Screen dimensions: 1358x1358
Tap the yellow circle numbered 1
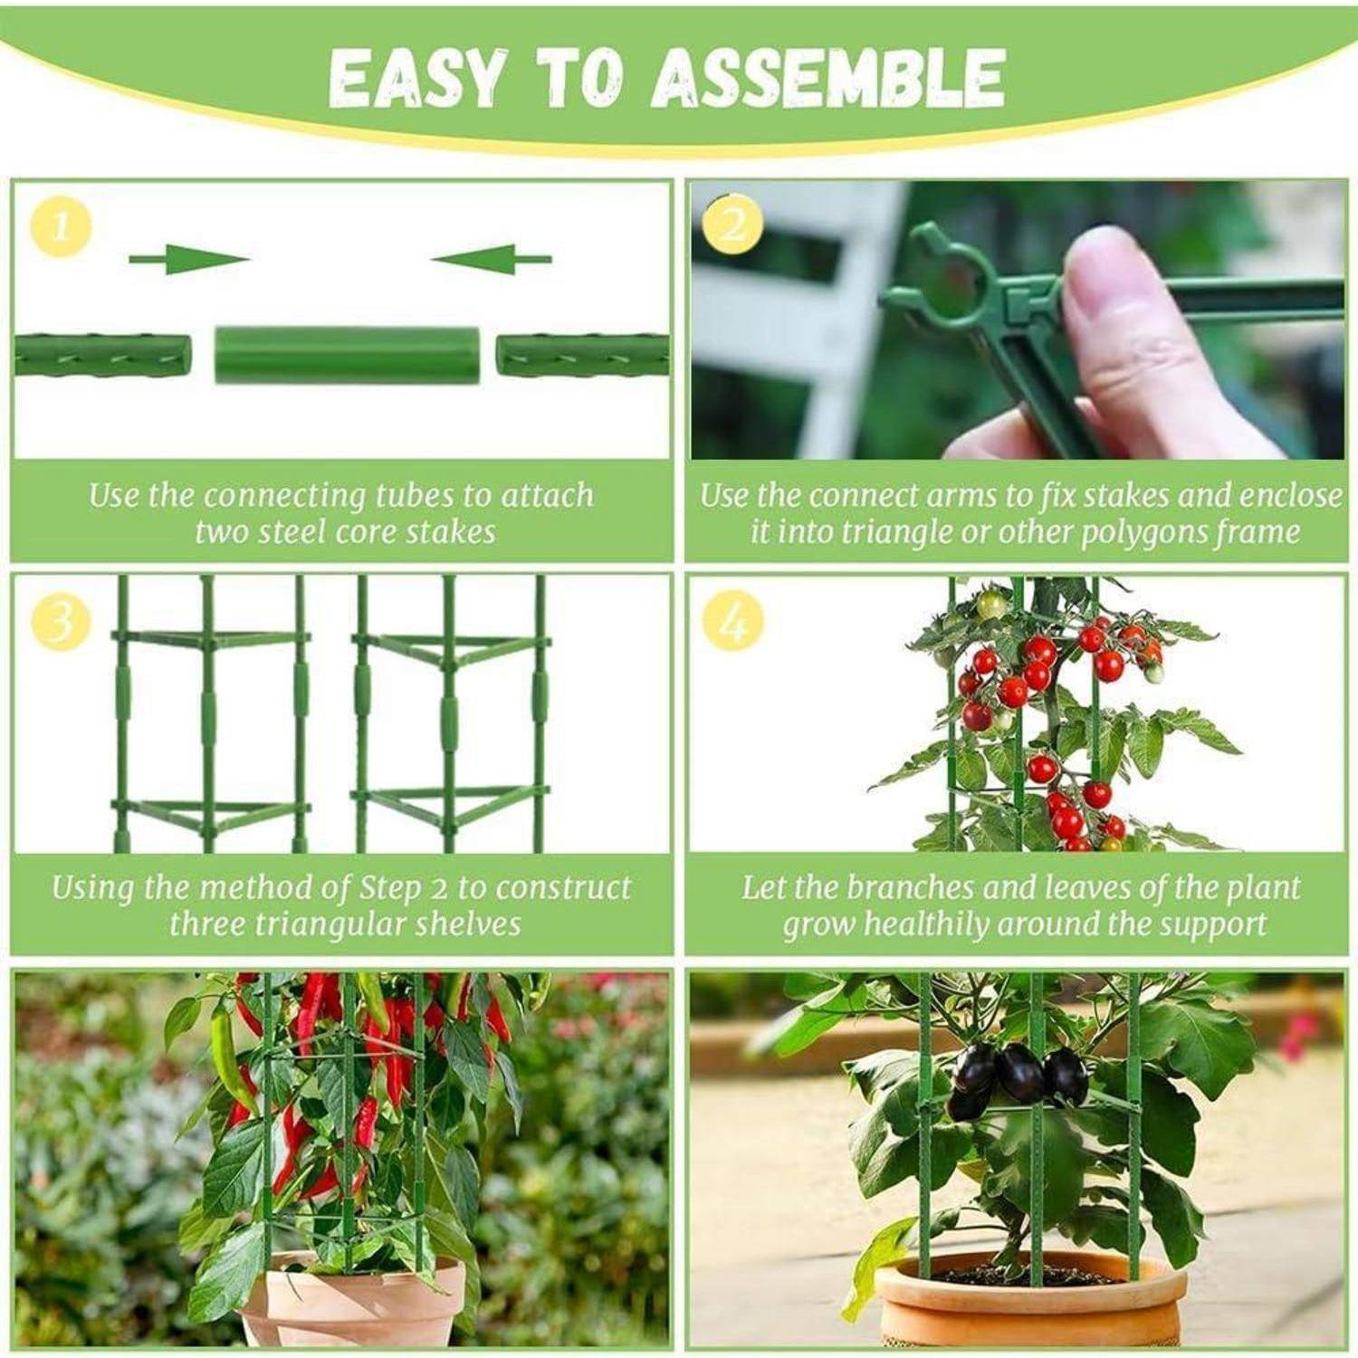tap(61, 226)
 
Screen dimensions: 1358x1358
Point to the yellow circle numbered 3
tap(61, 624)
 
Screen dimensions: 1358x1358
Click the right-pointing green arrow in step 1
tap(189, 260)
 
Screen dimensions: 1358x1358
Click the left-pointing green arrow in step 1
tap(490, 260)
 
